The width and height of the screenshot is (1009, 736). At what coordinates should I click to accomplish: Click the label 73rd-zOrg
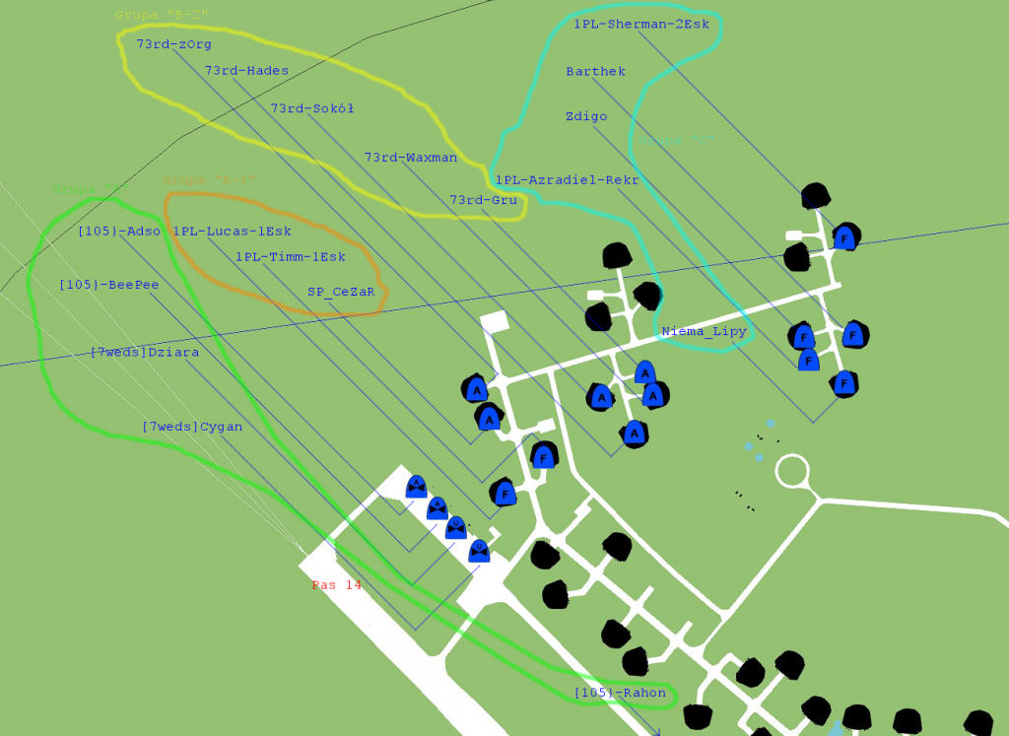173,44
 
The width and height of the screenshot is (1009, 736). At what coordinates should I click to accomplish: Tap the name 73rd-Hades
246,71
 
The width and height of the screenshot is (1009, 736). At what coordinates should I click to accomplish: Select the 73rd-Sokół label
312,108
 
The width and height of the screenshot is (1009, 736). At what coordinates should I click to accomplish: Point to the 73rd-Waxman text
410,158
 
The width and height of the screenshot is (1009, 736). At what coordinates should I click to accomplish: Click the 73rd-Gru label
483,200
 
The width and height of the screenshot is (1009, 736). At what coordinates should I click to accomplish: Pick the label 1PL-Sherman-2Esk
640,24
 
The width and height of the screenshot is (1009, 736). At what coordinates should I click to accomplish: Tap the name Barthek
595,72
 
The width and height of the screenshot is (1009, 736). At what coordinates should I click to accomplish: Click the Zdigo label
586,116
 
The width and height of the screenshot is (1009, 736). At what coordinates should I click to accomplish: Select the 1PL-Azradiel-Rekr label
567,180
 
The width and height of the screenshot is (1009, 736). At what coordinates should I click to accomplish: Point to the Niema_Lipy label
704,331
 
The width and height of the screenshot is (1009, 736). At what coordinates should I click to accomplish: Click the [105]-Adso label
118,232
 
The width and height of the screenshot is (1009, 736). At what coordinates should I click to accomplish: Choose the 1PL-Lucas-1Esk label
232,232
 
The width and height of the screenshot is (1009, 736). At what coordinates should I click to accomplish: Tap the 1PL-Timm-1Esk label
290,257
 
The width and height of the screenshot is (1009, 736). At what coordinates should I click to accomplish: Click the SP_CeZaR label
341,292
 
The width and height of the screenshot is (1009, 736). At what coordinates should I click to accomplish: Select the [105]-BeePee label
108,285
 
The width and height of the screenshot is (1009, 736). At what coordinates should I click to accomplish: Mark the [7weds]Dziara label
144,353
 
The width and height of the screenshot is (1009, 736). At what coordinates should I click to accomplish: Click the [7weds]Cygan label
192,427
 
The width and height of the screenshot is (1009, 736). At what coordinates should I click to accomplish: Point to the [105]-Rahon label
620,694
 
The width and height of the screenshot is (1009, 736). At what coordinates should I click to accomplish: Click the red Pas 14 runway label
336,585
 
